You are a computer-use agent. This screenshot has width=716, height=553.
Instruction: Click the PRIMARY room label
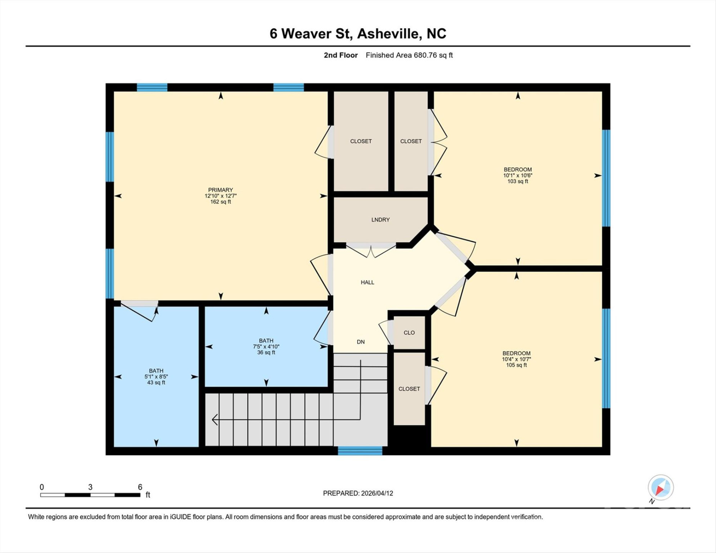click(220, 190)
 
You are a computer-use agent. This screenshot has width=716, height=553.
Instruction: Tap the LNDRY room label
click(380, 220)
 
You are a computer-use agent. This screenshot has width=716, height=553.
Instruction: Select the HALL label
click(367, 282)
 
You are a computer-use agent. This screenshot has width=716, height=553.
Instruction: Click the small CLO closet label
click(409, 333)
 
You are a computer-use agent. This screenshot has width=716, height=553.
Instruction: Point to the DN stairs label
click(361, 342)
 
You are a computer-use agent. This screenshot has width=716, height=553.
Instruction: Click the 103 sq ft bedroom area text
click(517, 181)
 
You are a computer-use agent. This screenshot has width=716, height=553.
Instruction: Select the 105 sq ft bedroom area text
click(516, 365)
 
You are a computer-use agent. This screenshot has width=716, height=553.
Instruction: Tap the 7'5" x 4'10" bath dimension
click(266, 346)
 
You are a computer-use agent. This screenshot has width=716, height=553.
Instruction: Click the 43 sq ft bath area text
click(156, 382)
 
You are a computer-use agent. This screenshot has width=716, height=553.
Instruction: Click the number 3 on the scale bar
click(90, 487)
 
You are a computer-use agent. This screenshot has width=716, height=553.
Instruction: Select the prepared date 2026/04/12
click(376, 493)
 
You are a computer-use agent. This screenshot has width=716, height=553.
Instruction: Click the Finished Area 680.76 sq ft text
click(409, 55)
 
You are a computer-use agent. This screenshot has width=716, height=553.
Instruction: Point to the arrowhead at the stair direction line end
click(214, 420)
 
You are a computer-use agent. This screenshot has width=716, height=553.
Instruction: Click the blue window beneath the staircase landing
click(360, 451)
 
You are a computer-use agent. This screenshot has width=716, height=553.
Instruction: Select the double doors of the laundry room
click(371, 250)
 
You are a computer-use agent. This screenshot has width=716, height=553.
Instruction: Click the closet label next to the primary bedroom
click(361, 141)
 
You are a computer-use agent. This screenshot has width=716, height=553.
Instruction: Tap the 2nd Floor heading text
click(340, 55)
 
